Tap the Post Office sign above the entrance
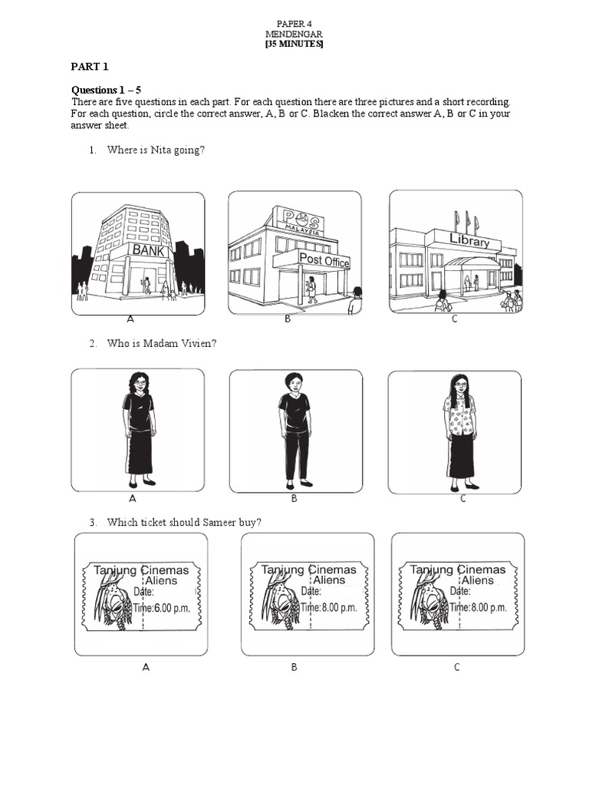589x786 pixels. (x=324, y=260)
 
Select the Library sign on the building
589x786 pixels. (x=469, y=242)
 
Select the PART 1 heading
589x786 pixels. (x=87, y=67)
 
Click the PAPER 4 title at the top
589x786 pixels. (x=294, y=25)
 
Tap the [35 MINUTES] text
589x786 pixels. (x=294, y=45)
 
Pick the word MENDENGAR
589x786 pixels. (x=294, y=35)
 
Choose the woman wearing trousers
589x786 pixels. (x=294, y=431)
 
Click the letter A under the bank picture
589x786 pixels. (x=130, y=319)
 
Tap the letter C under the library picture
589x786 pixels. (x=454, y=319)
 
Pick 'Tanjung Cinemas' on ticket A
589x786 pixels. (x=137, y=570)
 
